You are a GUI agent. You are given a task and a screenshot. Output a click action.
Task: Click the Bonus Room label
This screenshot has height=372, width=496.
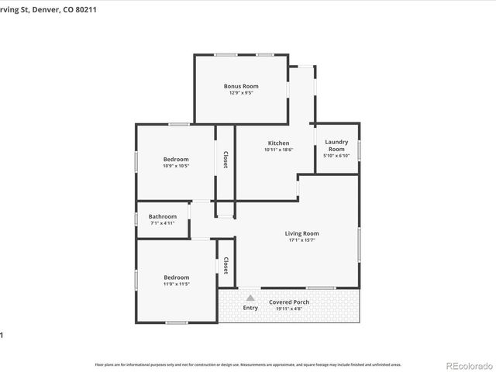point(241,86)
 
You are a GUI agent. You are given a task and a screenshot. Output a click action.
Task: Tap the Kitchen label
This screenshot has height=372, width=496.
point(278,143)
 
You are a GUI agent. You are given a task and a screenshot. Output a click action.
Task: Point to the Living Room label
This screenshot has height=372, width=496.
point(301,233)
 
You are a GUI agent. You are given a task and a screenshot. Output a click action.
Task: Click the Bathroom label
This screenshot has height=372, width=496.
point(163,216)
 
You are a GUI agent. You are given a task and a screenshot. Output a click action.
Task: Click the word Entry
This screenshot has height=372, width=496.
point(250,308)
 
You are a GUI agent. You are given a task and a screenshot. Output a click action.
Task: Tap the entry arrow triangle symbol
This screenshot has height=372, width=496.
point(250,297)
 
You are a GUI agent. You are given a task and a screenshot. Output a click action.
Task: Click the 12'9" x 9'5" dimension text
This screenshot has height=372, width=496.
point(241,93)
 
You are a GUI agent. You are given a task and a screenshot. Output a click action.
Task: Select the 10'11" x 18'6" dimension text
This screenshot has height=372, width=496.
point(278,150)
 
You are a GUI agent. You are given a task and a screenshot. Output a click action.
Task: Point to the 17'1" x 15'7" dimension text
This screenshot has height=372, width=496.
point(301,240)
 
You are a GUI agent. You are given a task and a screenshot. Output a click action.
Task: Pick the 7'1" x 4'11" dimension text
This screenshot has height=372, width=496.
point(163,223)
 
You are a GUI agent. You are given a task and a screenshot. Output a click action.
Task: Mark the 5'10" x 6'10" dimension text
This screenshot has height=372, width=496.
point(336,156)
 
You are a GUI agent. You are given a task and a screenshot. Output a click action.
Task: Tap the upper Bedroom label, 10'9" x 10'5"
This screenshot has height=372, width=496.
point(176,160)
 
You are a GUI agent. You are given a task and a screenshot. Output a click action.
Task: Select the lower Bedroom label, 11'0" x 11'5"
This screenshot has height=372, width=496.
point(176,277)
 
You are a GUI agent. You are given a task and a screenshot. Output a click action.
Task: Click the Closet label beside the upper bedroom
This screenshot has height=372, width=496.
point(226,160)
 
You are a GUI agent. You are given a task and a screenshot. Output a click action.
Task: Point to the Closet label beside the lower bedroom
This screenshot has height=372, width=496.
point(226,266)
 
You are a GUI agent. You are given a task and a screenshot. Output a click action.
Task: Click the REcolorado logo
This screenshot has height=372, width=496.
point(468,365)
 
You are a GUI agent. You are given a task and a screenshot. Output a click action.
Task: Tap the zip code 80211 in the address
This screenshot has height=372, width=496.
point(98,9)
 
